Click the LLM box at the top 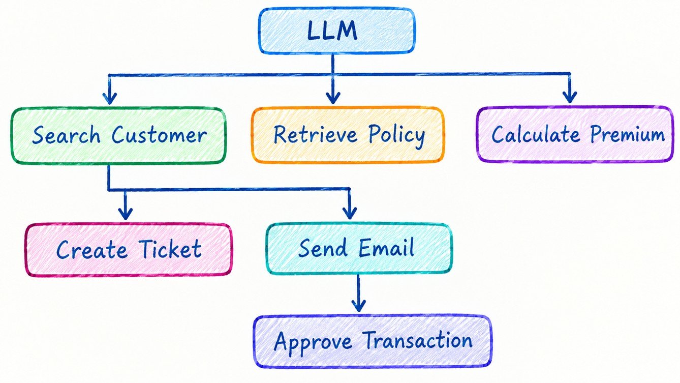coord(336,31)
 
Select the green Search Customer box coord(118,136)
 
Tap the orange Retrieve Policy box coord(348,135)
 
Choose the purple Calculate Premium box coord(575,134)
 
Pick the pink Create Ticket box coord(129,250)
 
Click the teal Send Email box coord(359,248)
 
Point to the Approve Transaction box coord(373,341)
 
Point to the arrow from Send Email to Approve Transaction coord(358,293)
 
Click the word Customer coord(159,135)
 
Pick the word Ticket coord(171,249)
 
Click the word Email coord(386,248)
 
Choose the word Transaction coord(417,340)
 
